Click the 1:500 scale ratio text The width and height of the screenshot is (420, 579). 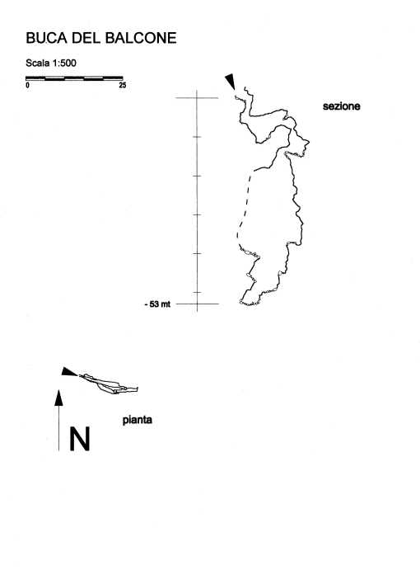(x=64, y=63)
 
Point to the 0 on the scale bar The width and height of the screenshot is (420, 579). (x=28, y=85)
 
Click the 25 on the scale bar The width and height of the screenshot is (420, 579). (x=123, y=85)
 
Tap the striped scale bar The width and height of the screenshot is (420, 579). (x=74, y=78)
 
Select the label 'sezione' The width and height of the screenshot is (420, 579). (x=342, y=106)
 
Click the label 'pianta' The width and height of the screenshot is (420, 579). (x=138, y=420)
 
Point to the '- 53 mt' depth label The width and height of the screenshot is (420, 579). (x=158, y=304)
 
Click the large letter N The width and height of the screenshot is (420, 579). (x=80, y=439)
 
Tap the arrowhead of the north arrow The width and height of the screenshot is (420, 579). (x=58, y=398)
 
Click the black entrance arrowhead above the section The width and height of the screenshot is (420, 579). (x=230, y=82)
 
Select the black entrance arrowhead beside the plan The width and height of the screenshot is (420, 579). (x=69, y=372)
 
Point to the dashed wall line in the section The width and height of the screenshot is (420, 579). (x=245, y=207)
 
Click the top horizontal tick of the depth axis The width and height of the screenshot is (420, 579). (x=197, y=98)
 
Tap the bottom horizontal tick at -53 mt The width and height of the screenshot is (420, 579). (x=198, y=304)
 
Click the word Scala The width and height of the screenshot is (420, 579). (x=38, y=63)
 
